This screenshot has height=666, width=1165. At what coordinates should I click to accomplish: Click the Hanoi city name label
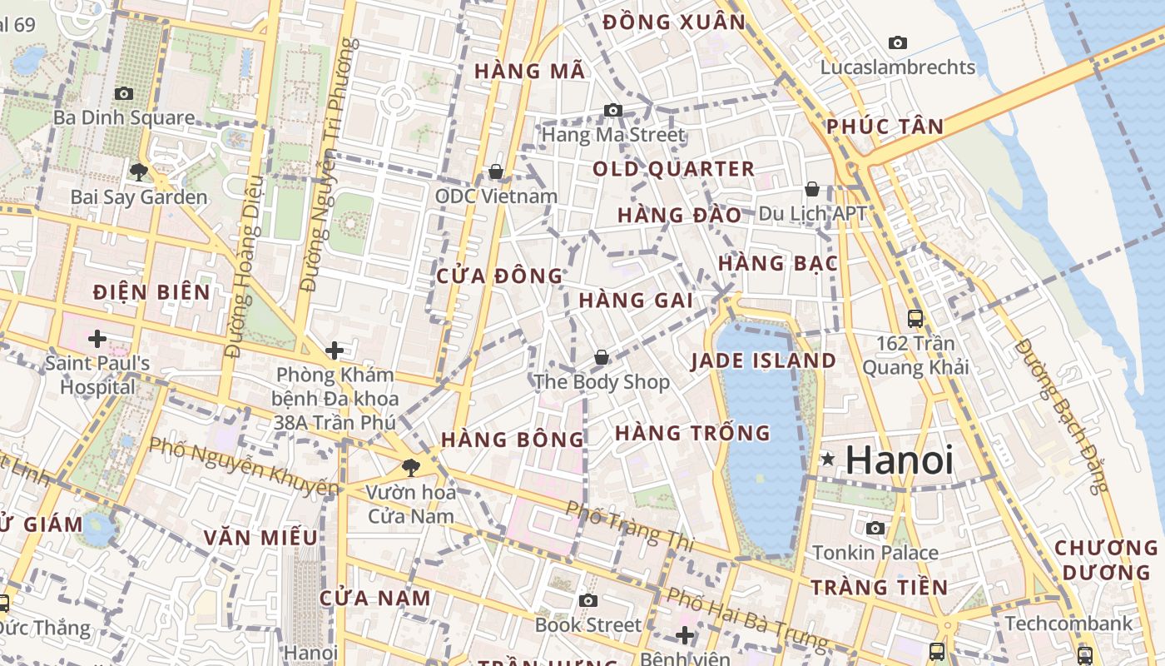click(900, 460)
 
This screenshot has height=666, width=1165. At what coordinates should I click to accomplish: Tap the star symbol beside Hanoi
click(827, 459)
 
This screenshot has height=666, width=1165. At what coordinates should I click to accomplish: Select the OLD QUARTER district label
click(673, 169)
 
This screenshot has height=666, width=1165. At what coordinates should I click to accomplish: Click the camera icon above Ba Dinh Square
click(124, 93)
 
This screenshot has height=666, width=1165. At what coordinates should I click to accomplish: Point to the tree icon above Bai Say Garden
click(139, 172)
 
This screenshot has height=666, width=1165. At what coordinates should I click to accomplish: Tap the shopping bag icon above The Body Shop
click(601, 357)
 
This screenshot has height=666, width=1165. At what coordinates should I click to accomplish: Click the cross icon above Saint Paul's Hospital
click(97, 338)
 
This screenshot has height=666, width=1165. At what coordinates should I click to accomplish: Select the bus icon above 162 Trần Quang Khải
click(915, 318)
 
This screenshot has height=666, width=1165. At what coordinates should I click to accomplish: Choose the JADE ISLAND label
click(763, 360)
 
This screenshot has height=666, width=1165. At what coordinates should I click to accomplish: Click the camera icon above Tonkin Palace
click(875, 528)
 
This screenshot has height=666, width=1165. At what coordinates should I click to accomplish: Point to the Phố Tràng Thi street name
click(629, 524)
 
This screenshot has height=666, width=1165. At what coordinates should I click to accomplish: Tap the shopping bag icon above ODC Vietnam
click(496, 171)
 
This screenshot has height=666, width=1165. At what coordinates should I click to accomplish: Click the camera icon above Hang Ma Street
click(613, 110)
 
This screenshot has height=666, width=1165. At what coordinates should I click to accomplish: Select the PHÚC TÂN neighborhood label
click(885, 127)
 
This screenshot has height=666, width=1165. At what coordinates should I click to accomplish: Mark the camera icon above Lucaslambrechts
click(897, 42)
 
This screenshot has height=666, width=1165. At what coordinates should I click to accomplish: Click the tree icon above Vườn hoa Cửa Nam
click(410, 468)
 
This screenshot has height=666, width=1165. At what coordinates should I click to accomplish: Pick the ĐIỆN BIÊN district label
click(151, 292)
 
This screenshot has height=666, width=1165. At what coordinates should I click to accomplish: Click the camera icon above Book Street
click(588, 600)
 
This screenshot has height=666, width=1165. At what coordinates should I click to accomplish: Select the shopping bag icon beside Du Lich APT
click(812, 190)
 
